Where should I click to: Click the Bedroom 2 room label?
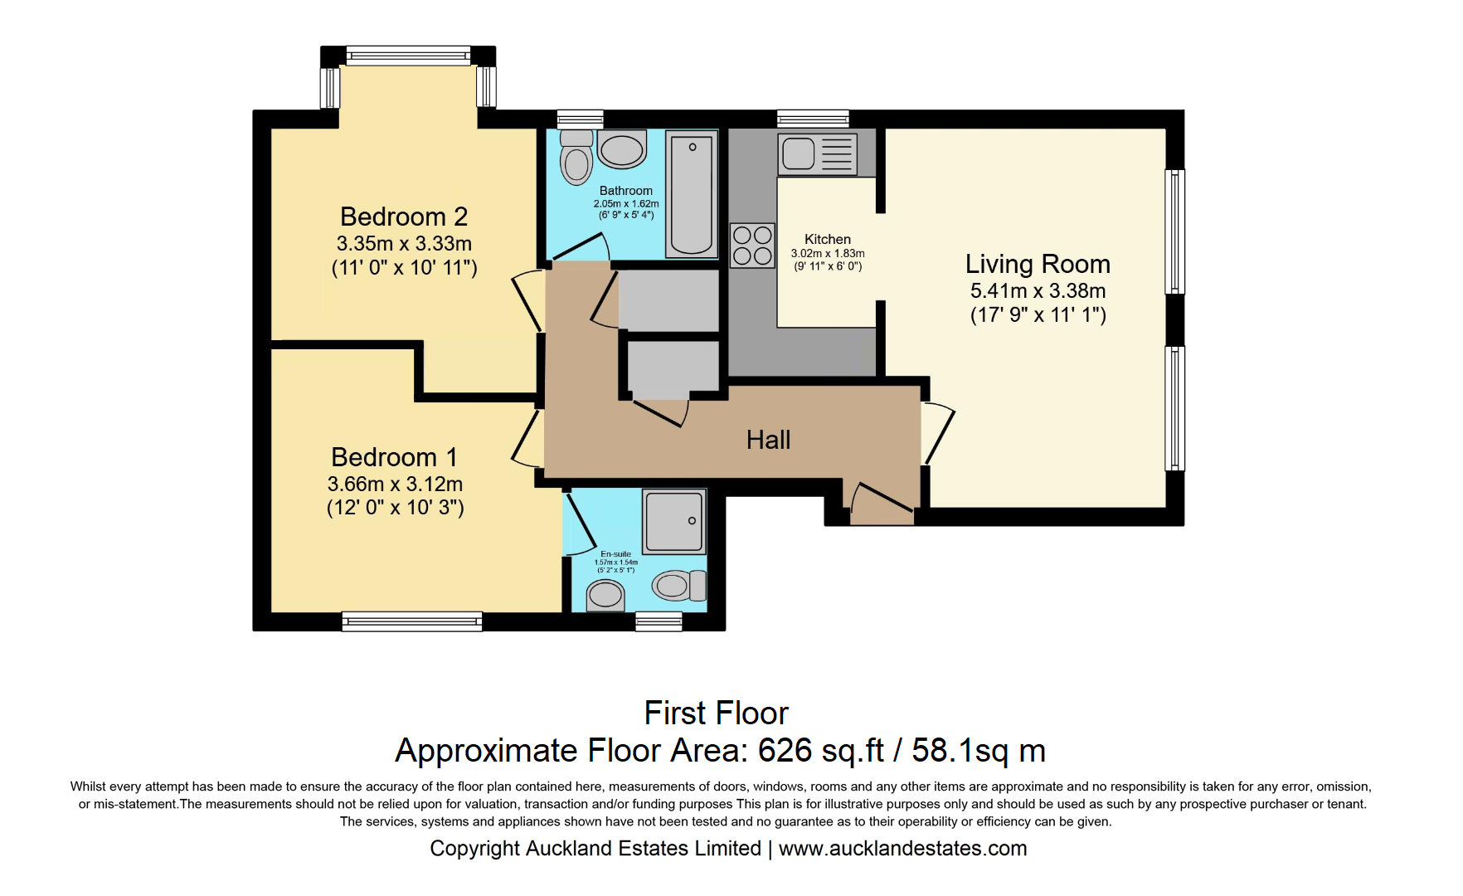(404, 217)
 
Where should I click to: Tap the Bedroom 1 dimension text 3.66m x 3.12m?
(395, 484)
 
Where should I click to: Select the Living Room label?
(1037, 264)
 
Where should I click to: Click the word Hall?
(768, 440)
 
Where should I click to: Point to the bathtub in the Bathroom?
(692, 195)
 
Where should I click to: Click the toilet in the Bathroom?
(576, 158)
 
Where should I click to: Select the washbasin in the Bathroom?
(622, 150)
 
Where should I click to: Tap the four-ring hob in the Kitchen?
(752, 246)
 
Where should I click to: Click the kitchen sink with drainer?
(817, 153)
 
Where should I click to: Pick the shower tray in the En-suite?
(674, 521)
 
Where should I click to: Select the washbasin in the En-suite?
(605, 595)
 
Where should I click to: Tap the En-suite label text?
(615, 554)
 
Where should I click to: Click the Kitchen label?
(827, 239)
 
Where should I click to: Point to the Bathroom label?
(625, 191)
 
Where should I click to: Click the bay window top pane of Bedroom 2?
(408, 56)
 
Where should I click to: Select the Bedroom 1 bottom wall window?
(412, 621)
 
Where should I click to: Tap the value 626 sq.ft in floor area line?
(821, 750)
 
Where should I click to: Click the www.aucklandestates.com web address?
(902, 848)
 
